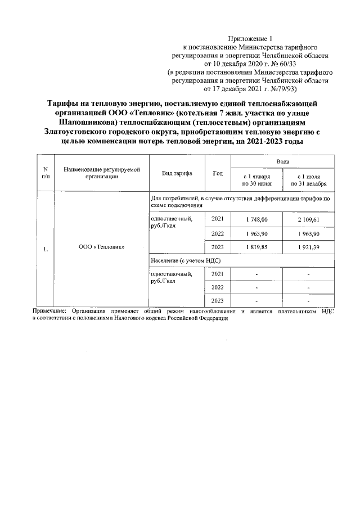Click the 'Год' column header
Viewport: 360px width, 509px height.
tap(217, 173)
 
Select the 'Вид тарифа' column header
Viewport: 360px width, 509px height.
tap(177, 173)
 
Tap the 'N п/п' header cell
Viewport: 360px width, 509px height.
tap(45, 173)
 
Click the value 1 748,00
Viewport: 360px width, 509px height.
tap(257, 219)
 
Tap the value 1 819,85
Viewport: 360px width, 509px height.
tap(257, 247)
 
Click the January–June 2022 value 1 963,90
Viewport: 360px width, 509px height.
tap(257, 233)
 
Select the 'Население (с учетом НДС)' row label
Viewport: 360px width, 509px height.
tap(185, 260)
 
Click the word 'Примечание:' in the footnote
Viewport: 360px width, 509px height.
tap(49, 310)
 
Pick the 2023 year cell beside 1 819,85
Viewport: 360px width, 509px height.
tap(217, 247)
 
